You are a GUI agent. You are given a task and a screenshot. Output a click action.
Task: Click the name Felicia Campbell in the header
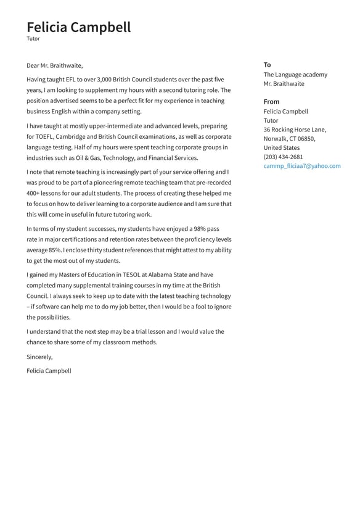click(x=78, y=27)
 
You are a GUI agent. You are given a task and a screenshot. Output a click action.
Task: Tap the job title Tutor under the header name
click(x=33, y=39)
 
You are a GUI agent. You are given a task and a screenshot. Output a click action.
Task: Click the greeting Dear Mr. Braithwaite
click(x=54, y=65)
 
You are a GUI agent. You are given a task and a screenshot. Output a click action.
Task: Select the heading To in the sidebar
click(x=267, y=65)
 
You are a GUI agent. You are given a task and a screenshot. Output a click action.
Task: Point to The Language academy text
click(x=295, y=75)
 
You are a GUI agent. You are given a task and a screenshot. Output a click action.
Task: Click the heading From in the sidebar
click(x=271, y=102)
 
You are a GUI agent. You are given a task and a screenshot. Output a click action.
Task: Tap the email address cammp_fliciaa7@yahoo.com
click(x=302, y=166)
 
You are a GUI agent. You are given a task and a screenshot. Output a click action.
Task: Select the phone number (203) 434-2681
click(x=283, y=157)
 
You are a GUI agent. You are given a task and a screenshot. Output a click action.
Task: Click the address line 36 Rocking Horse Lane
click(x=295, y=130)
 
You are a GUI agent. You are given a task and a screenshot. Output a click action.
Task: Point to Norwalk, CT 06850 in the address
click(x=289, y=139)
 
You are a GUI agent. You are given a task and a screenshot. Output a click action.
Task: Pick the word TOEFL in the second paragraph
click(x=45, y=137)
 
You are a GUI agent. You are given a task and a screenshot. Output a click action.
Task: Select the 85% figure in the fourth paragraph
click(x=55, y=250)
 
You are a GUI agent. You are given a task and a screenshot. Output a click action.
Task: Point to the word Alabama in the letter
click(x=174, y=275)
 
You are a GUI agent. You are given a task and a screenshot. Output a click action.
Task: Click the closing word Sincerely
click(x=39, y=357)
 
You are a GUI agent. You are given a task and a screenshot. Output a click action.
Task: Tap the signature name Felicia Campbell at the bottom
click(x=49, y=371)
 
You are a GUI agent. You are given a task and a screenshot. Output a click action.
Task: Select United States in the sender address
click(x=282, y=148)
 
